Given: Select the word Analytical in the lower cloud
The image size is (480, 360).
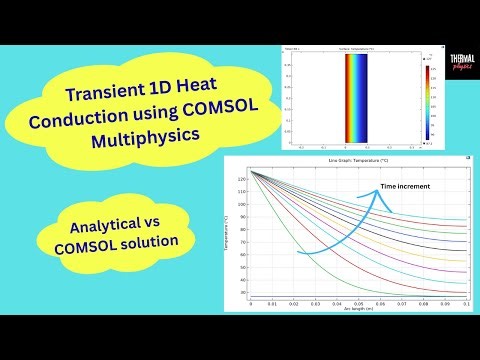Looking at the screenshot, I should click(100, 222).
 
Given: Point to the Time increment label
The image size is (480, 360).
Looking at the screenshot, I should click(410, 188).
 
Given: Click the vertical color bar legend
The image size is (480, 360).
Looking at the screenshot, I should click(425, 100).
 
